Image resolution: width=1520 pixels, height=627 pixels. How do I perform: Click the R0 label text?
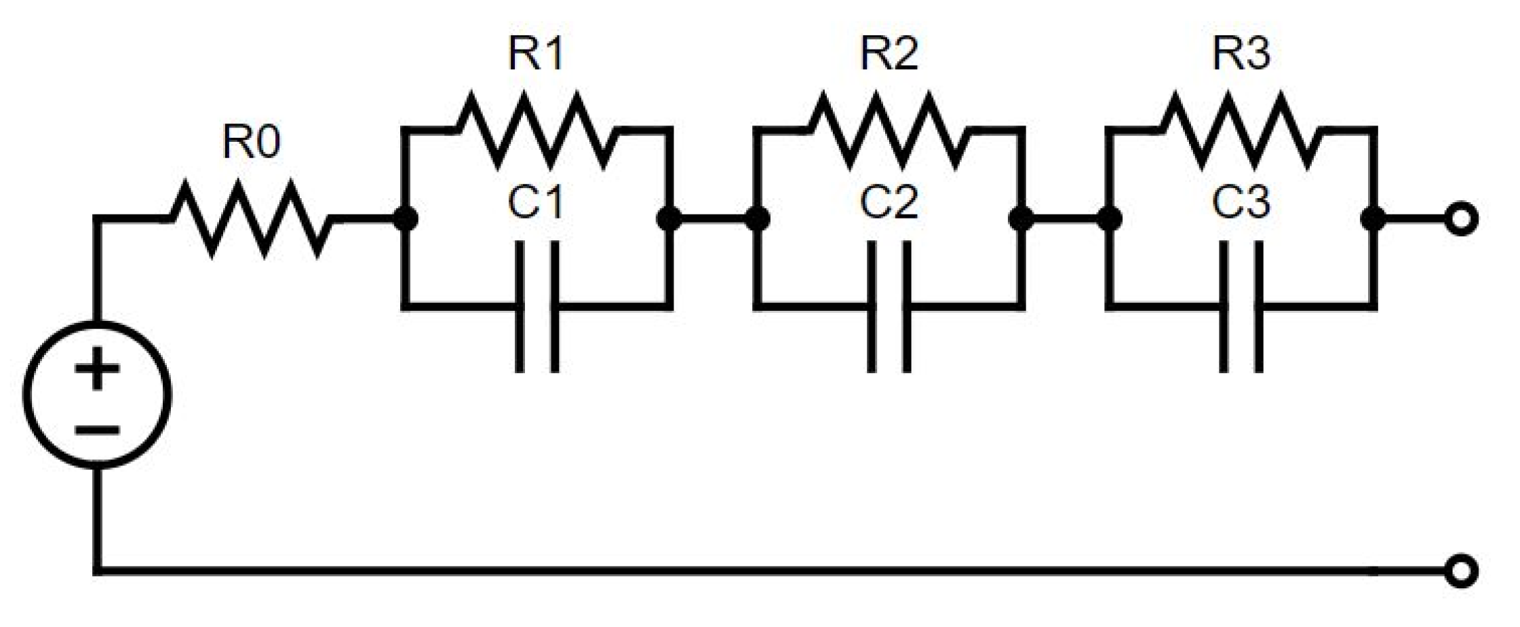pyautogui.click(x=251, y=142)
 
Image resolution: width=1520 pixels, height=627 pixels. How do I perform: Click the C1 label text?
pyautogui.click(x=536, y=202)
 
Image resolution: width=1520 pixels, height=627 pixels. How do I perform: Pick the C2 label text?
pyautogui.click(x=889, y=202)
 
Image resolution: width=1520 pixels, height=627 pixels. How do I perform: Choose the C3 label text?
pyautogui.click(x=1241, y=202)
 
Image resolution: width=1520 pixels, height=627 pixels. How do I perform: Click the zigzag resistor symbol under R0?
pyautogui.click(x=251, y=218)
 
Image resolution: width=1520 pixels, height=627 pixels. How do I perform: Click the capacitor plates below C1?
pyautogui.click(x=537, y=307)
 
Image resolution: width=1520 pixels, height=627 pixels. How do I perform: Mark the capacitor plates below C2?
pyautogui.click(x=889, y=307)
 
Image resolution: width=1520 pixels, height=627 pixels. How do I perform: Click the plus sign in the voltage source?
pyautogui.click(x=97, y=368)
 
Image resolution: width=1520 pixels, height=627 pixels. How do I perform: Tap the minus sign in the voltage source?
pyautogui.click(x=97, y=430)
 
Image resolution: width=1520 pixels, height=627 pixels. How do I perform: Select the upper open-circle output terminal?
pyautogui.click(x=1461, y=219)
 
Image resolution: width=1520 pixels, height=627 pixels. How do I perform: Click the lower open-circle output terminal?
pyautogui.click(x=1461, y=571)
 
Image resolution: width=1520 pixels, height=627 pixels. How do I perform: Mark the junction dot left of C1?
pyautogui.click(x=405, y=218)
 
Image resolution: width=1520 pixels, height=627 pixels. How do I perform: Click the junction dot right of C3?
pyautogui.click(x=1373, y=218)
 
